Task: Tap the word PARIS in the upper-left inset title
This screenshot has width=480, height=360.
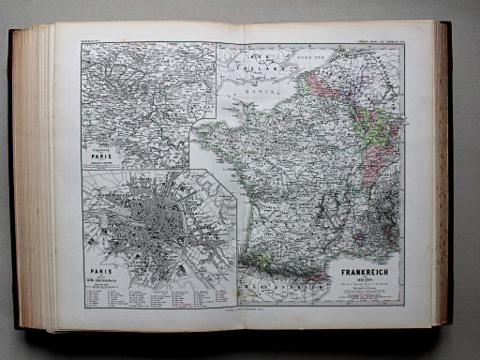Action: [107, 155]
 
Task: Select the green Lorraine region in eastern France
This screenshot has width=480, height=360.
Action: [377, 130]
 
